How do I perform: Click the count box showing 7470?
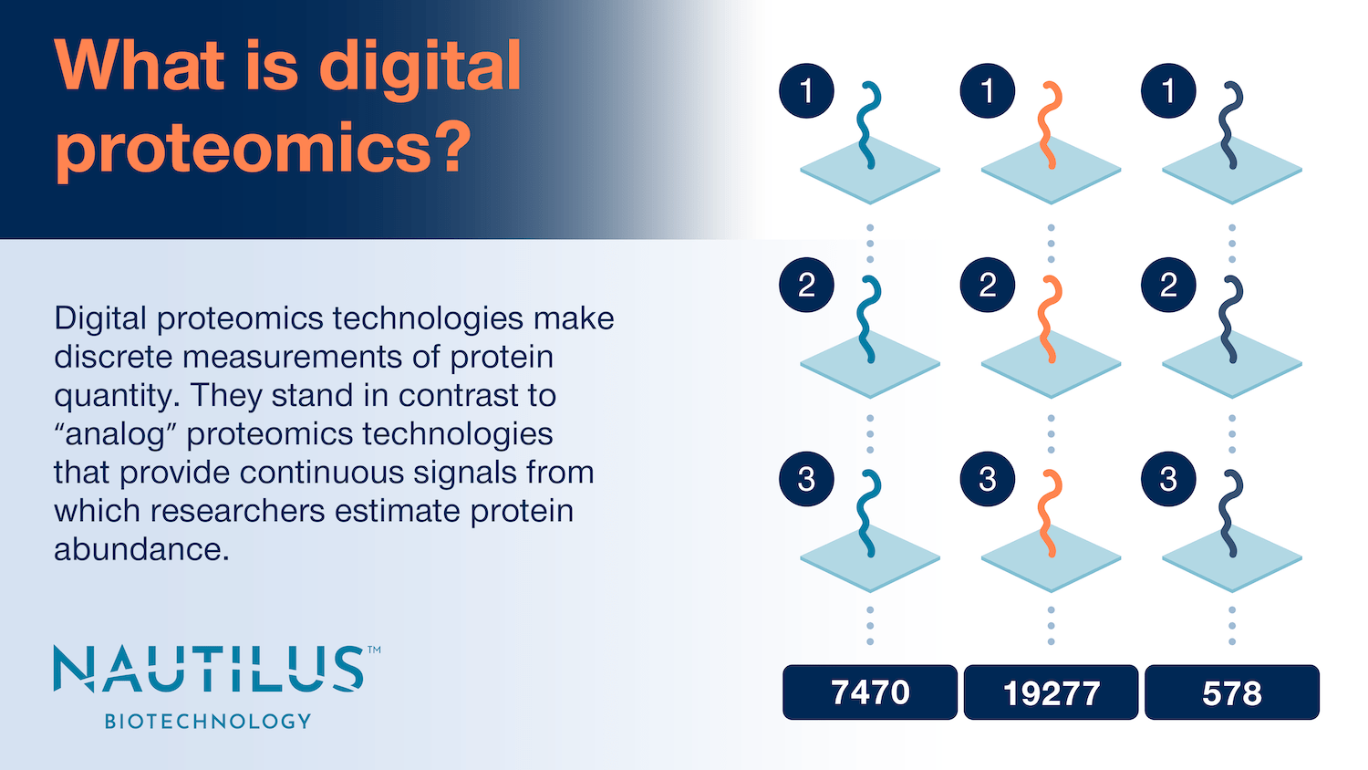pyautogui.click(x=870, y=692)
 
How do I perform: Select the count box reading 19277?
pyautogui.click(x=1051, y=692)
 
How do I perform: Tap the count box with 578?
pyautogui.click(x=1231, y=692)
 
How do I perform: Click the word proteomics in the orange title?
pyautogui.click(x=243, y=149)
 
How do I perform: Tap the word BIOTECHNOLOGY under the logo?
pyautogui.click(x=209, y=721)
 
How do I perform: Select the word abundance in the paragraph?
pyautogui.click(x=140, y=549)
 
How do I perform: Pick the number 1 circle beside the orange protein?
pyautogui.click(x=987, y=91)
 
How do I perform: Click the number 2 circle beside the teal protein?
pyautogui.click(x=806, y=286)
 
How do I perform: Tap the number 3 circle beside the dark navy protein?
pyautogui.click(x=1168, y=479)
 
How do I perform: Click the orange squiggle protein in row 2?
pyautogui.click(x=1049, y=319)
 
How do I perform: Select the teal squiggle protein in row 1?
pyautogui.click(x=868, y=125)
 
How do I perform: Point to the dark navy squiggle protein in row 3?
pyautogui.click(x=1230, y=513)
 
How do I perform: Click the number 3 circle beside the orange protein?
pyautogui.click(x=987, y=479)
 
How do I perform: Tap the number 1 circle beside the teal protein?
pyautogui.click(x=806, y=91)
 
